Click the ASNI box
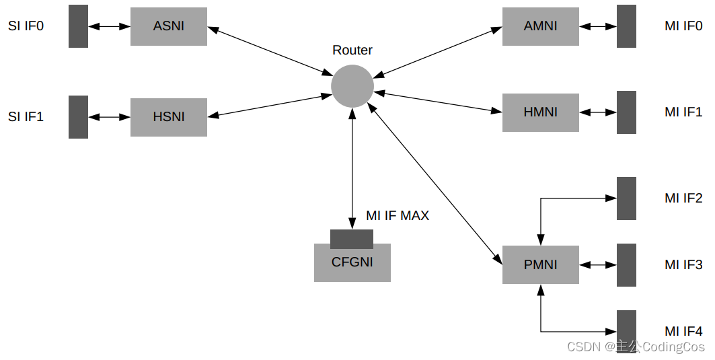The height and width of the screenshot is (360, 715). (168, 27)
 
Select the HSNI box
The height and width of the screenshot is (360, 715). (168, 117)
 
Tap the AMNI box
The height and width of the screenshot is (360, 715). (540, 27)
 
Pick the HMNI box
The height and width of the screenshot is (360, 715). (540, 112)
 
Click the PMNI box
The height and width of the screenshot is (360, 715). (540, 264)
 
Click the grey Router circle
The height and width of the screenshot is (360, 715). (352, 86)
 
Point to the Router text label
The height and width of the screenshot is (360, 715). (352, 50)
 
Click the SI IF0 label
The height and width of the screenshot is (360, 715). (26, 27)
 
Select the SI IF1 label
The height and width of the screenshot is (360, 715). (26, 117)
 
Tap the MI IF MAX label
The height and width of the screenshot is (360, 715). (398, 216)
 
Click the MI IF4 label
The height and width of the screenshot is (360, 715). (683, 331)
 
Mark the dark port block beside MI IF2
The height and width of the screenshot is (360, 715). (626, 199)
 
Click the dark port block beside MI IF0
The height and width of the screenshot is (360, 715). (626, 27)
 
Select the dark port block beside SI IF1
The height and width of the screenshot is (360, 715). (78, 117)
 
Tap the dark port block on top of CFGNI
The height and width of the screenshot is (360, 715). (351, 239)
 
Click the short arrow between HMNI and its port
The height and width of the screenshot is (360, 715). (598, 112)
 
